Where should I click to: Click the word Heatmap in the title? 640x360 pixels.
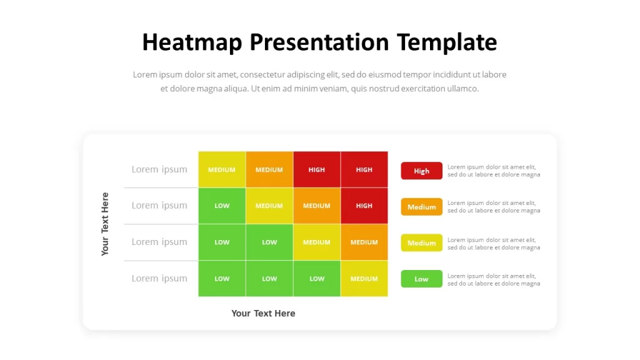click(x=192, y=42)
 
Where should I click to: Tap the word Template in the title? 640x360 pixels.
click(x=447, y=42)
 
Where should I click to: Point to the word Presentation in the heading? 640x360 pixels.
click(x=319, y=42)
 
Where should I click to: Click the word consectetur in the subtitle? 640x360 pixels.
click(x=262, y=75)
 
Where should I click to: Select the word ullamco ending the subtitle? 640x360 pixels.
click(x=463, y=89)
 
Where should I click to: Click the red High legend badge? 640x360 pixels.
click(x=422, y=171)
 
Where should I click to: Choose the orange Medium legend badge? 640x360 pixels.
click(x=422, y=207)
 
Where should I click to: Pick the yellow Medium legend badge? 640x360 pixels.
click(x=422, y=243)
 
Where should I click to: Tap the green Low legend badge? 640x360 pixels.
click(x=422, y=279)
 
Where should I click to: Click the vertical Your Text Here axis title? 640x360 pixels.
click(x=105, y=224)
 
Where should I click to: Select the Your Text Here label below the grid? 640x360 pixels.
click(x=263, y=313)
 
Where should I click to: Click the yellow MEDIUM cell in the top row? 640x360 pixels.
click(x=222, y=169)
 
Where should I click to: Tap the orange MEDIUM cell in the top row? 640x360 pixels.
click(x=269, y=169)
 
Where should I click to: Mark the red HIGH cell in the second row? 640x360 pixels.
click(x=364, y=206)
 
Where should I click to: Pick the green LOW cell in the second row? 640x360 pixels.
click(x=222, y=206)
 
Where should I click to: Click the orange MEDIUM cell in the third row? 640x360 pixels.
click(x=364, y=242)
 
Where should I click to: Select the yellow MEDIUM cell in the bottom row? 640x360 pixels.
click(x=364, y=278)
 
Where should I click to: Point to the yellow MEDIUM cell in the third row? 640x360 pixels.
click(x=317, y=242)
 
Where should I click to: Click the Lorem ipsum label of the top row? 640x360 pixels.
click(x=159, y=169)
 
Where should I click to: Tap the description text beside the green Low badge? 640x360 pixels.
click(x=494, y=279)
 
